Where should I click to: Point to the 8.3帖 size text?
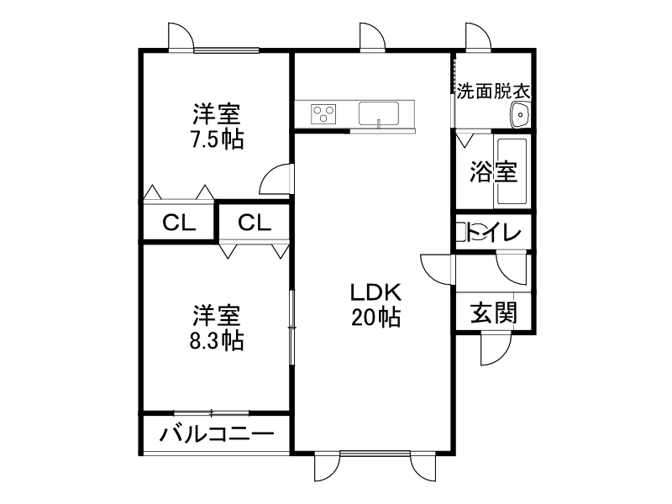pos(216,341)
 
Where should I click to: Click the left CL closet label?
pos(178,223)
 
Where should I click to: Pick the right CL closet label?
pos(254,223)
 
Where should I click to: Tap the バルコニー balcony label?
pos(216,435)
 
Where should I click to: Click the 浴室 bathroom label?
pos(492,172)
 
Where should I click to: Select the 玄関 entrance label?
pos(493,313)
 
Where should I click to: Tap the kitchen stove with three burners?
pos(323,113)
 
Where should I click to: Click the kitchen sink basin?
pos(382,113)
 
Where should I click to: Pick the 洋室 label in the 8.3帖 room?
pos(216,316)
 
